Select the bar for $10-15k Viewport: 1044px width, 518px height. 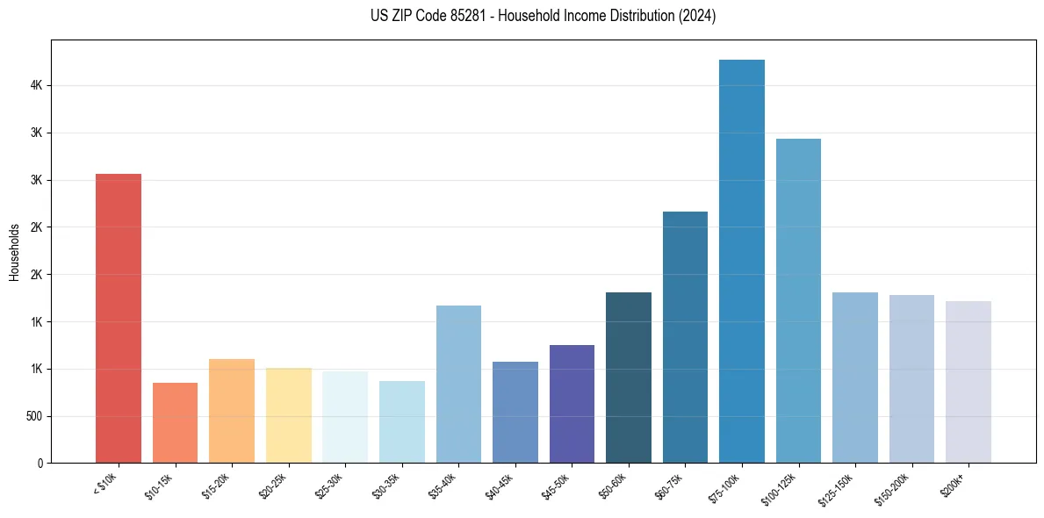tap(175, 422)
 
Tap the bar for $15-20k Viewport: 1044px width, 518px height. tap(232, 411)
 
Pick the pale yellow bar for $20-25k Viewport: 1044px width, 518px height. tap(288, 415)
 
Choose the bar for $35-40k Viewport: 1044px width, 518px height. tap(458, 384)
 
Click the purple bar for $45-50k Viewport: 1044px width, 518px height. tap(572, 404)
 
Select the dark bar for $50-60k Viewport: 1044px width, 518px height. tap(629, 378)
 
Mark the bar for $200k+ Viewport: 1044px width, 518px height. tap(968, 382)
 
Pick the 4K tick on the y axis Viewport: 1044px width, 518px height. tap(37, 86)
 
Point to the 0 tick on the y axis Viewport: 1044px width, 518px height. tap(40, 463)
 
